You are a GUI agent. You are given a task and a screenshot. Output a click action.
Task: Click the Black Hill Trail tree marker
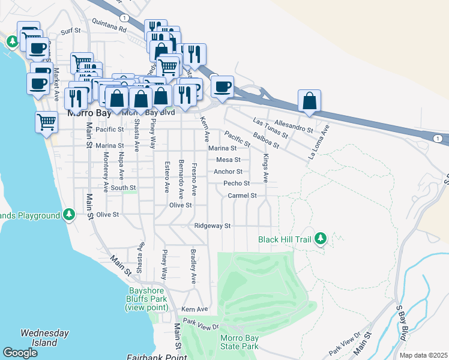321,239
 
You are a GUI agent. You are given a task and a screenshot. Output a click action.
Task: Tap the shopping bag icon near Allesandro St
309,101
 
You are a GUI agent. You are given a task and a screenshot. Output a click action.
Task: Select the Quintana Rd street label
109,28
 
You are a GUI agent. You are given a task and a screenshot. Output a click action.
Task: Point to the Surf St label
71,31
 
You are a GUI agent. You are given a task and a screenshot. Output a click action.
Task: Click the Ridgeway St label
212,226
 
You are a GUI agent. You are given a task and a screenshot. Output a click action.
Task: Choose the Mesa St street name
228,160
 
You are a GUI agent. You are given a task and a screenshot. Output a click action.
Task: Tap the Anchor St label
228,172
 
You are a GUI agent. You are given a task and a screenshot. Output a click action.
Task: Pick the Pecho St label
237,184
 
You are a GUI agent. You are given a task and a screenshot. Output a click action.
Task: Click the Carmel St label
242,196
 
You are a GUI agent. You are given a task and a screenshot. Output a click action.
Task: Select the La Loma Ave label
319,142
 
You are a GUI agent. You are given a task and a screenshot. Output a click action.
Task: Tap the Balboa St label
267,140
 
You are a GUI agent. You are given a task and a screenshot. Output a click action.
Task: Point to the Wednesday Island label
39,338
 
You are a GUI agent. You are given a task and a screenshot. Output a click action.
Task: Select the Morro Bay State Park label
238,342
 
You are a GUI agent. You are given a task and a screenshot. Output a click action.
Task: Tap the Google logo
20,353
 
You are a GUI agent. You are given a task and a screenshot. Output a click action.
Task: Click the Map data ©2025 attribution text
423,355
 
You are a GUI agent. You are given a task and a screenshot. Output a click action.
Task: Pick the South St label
123,188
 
